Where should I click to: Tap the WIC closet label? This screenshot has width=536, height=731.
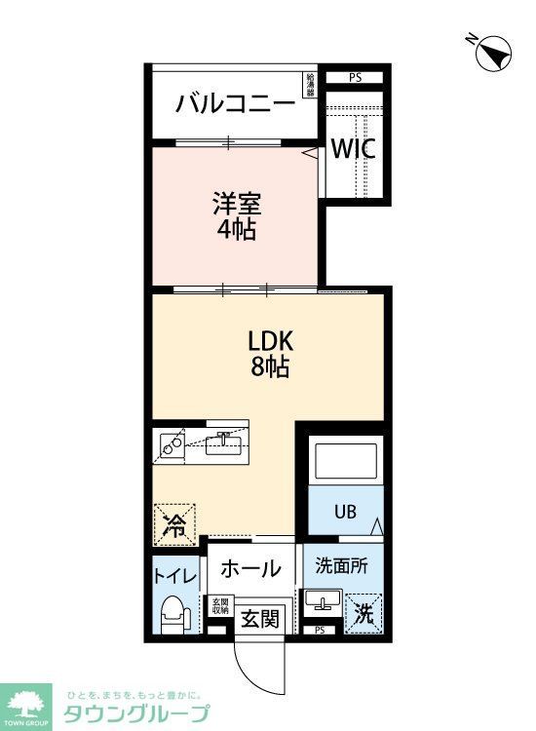coord(352,150)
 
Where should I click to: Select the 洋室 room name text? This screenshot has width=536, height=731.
coord(237,206)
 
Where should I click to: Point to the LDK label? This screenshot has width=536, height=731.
coord(271,342)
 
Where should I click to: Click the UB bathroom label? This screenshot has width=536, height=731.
coord(346,510)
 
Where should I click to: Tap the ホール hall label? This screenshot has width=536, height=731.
coord(250,568)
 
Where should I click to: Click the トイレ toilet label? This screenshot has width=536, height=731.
coord(173,575)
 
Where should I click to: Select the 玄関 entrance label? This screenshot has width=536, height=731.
coord(260,617)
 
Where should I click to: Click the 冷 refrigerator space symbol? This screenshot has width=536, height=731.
coord(173,526)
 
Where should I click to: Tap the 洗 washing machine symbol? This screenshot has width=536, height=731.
coord(363,614)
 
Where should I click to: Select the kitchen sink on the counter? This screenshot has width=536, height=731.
coord(224,444)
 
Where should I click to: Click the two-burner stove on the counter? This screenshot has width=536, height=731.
coord(173,445)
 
